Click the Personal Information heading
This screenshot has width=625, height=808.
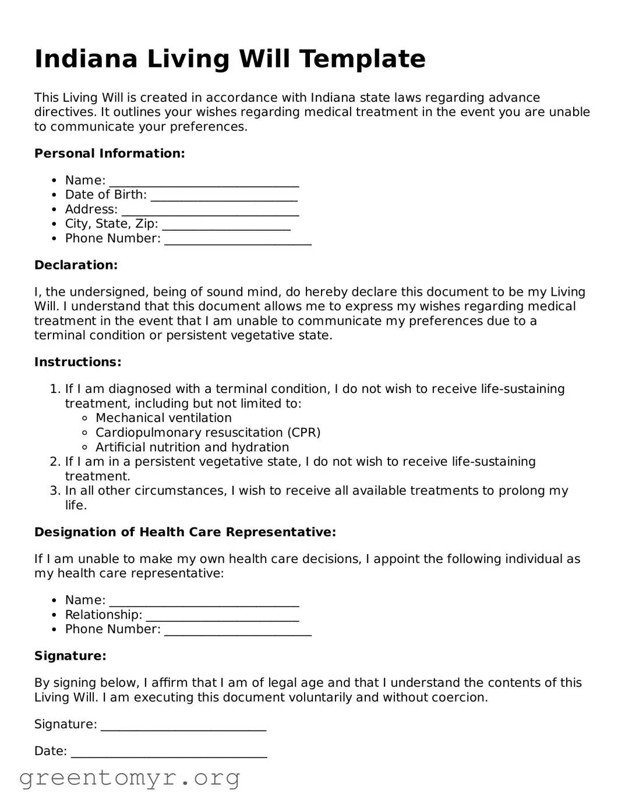pos(110,154)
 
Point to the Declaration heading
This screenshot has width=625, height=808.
pos(76,265)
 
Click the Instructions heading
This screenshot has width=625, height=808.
pos(77,362)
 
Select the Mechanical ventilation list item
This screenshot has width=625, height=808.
pos(163,418)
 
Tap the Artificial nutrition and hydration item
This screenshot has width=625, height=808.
pos(192,447)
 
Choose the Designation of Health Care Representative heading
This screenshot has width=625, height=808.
pos(185,532)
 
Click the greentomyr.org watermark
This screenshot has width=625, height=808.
pos(129,778)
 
